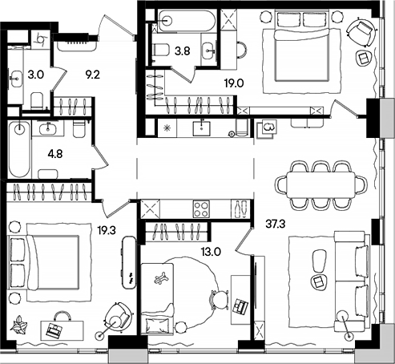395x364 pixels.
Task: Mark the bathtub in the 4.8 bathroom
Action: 18,151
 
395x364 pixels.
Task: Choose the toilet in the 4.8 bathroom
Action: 79,129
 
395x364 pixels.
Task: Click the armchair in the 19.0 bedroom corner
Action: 360,33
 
